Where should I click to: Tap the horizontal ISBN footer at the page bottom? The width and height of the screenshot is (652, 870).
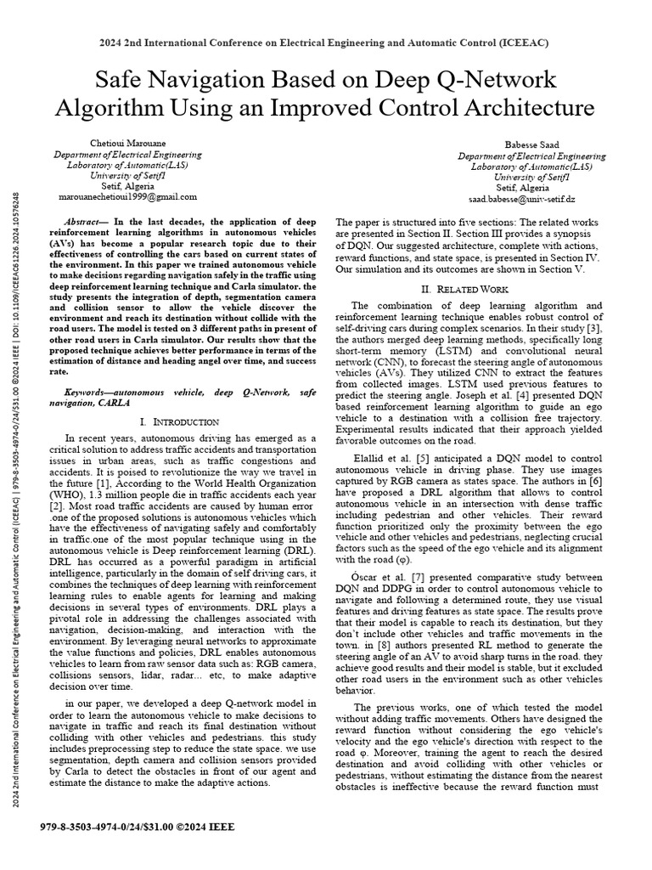tap(138, 825)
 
